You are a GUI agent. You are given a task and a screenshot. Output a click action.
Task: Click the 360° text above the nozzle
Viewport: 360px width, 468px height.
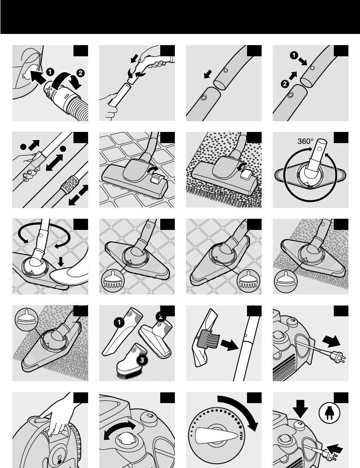click(305, 141)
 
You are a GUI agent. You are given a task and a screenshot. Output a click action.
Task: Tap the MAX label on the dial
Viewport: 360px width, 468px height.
click(241, 436)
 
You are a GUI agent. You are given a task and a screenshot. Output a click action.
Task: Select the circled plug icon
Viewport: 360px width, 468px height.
click(329, 413)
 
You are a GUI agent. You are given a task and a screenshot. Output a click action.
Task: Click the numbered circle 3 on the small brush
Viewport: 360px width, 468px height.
click(142, 360)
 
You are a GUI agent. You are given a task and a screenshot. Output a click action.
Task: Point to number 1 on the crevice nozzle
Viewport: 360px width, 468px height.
click(119, 322)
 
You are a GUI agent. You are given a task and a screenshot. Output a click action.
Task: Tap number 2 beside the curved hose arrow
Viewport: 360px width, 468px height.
click(80, 73)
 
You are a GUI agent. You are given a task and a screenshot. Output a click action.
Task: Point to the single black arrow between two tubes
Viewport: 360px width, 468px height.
click(208, 74)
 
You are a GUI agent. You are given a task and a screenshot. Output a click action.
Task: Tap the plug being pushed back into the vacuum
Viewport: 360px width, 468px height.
click(330, 456)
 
